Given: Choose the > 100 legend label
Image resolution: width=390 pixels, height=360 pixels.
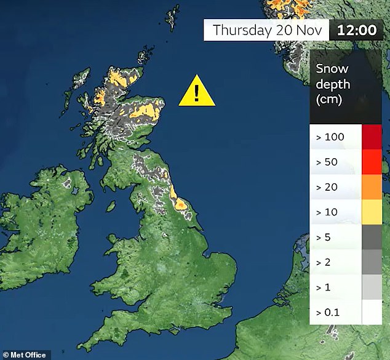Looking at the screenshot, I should [330, 137].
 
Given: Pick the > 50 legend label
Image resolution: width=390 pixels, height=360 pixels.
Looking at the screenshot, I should [327, 162].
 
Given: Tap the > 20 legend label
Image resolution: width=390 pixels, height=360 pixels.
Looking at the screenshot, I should [327, 186].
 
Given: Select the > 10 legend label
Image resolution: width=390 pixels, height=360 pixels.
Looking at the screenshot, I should [327, 211].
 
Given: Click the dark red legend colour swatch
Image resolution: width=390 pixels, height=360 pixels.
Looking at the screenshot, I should [372, 137].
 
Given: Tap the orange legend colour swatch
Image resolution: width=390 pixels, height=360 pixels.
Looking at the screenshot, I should [372, 186].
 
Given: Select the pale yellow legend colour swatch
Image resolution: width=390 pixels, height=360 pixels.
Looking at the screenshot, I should [372, 211].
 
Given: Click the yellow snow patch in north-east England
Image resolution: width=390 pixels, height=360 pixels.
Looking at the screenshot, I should [179, 202].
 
